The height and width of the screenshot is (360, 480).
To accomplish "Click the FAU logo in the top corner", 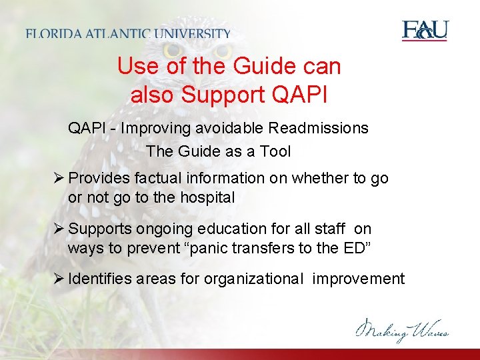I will (425, 31).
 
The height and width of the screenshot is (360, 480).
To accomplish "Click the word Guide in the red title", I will (265, 66).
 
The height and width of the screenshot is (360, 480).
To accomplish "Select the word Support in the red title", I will (223, 95).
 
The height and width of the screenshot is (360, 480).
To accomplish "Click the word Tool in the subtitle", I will (275, 151).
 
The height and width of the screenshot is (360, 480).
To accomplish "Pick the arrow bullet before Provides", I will (59, 178).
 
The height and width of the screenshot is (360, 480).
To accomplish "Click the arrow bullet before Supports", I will (59, 229).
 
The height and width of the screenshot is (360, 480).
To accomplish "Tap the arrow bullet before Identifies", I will (59, 279).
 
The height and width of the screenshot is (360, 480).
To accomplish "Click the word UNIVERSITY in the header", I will (194, 34).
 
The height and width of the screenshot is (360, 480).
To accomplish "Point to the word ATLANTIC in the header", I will (121, 34).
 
